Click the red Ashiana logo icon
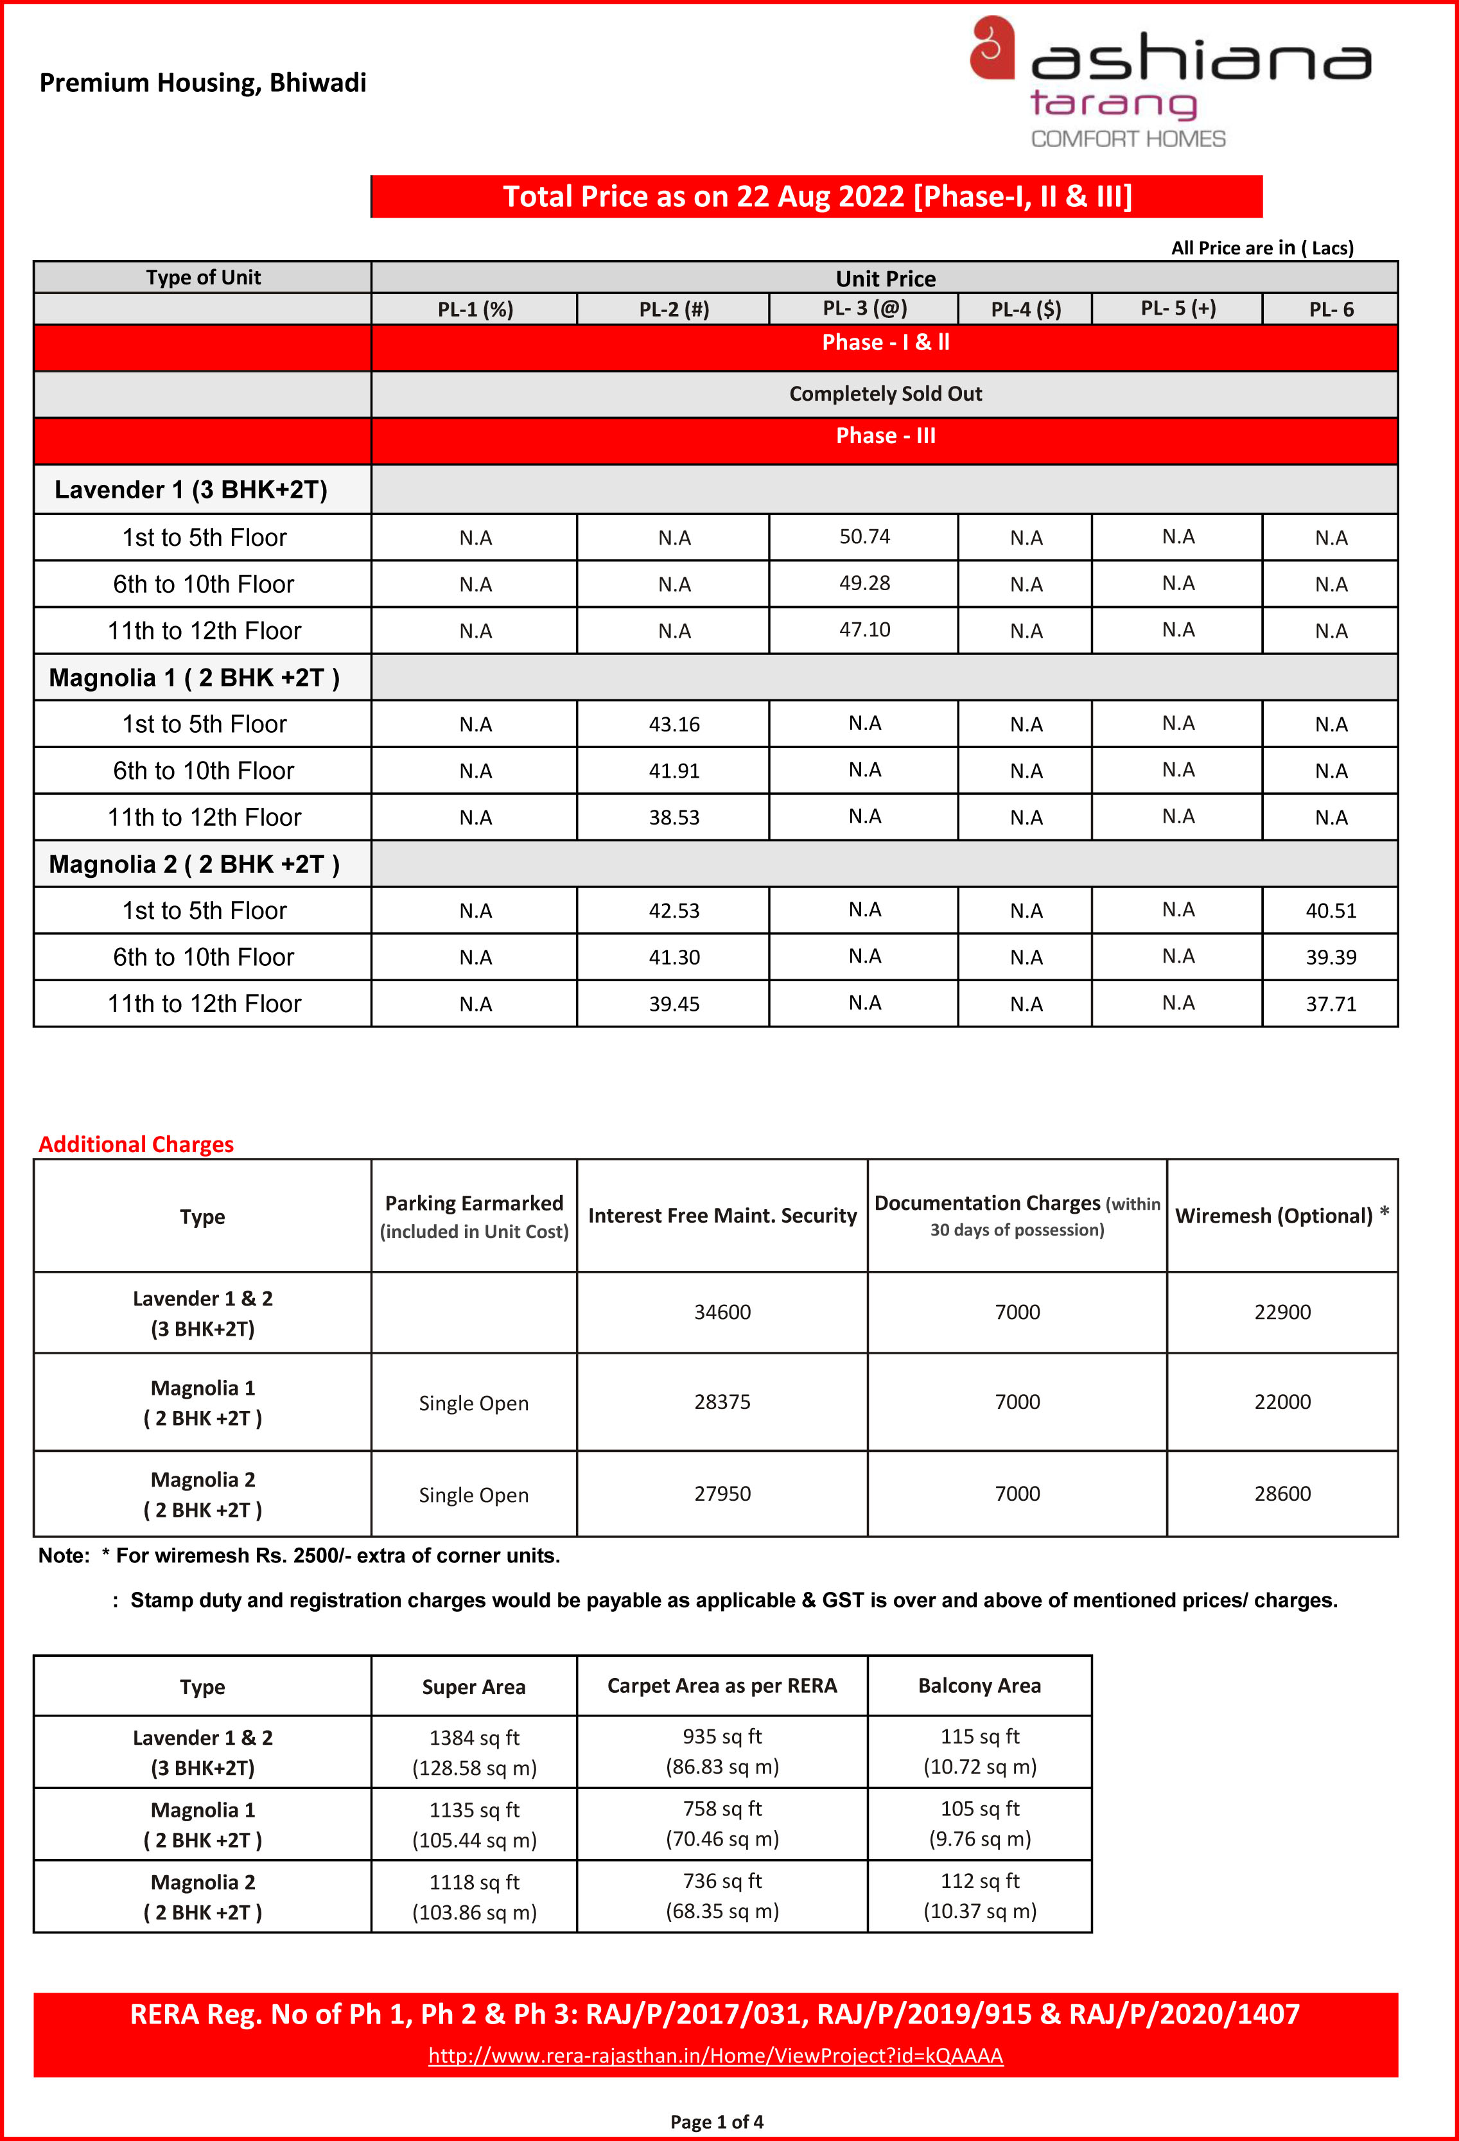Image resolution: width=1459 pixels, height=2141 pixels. tap(992, 48)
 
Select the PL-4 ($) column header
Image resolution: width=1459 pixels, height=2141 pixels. tap(1025, 310)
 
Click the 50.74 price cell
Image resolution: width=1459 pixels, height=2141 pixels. tap(864, 536)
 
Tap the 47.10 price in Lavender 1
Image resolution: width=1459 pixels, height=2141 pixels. tap(864, 629)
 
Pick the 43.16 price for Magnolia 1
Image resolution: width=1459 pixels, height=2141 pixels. tap(674, 724)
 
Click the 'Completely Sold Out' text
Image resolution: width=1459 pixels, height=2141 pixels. tap(884, 394)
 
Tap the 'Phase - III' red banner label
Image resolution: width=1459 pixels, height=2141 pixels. tap(884, 436)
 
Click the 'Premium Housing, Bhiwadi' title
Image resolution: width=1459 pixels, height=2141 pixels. tap(203, 83)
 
